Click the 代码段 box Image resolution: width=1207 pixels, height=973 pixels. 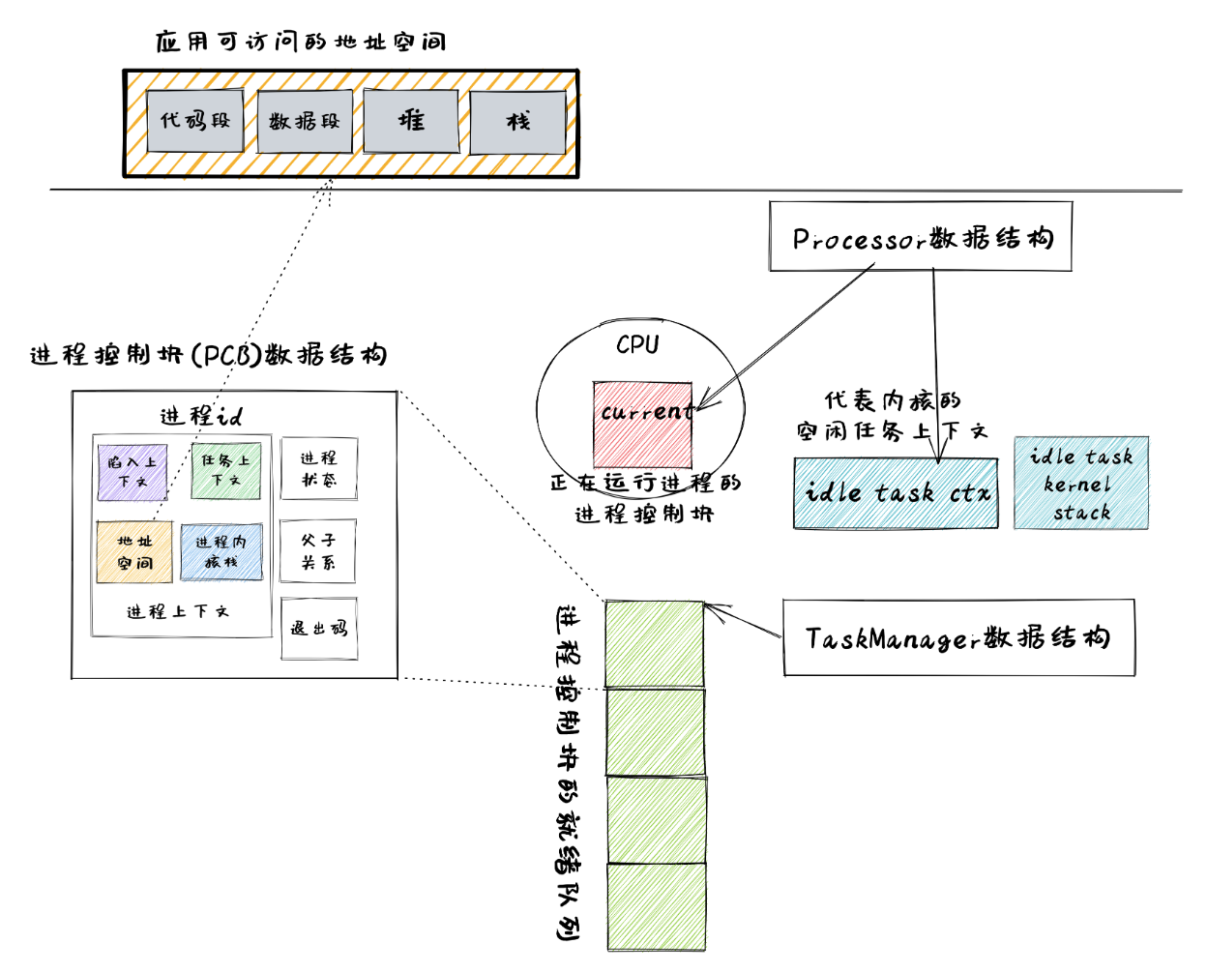(194, 121)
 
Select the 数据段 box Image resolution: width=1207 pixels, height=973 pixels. (305, 122)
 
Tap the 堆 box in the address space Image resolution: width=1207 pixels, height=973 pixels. (411, 121)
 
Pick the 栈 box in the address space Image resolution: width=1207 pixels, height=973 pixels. (517, 122)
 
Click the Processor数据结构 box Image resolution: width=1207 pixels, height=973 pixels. (921, 237)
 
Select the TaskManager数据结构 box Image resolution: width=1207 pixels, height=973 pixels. (957, 637)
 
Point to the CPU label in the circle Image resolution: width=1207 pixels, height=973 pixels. (637, 344)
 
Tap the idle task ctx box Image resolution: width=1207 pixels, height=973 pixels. (896, 493)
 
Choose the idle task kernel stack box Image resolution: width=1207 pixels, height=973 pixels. (1081, 484)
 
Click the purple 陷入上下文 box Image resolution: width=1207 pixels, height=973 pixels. (132, 471)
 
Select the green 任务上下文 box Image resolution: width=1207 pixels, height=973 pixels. (225, 471)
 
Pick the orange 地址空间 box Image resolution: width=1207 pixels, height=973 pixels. (134, 552)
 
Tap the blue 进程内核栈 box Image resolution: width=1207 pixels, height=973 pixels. (221, 552)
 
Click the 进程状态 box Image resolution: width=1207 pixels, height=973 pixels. (318, 468)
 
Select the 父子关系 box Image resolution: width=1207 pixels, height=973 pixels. (318, 551)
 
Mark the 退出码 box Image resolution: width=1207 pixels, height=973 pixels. (319, 629)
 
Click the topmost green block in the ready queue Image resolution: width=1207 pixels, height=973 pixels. (655, 644)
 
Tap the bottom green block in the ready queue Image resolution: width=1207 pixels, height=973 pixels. (656, 907)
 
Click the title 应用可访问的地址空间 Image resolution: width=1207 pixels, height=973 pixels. (301, 42)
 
